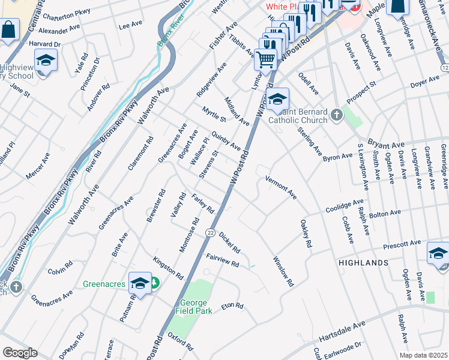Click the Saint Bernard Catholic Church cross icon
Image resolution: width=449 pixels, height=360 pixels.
[x=336, y=115]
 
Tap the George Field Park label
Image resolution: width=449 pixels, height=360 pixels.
[x=193, y=307]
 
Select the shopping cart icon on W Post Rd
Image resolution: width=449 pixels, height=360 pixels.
[x=265, y=59]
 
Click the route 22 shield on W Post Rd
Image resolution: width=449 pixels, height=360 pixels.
[x=209, y=233]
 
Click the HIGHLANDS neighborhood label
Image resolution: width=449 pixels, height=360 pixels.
[x=364, y=263]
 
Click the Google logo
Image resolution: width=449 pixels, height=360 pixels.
[x=20, y=353]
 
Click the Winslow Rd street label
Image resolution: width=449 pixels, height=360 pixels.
[x=283, y=272]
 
